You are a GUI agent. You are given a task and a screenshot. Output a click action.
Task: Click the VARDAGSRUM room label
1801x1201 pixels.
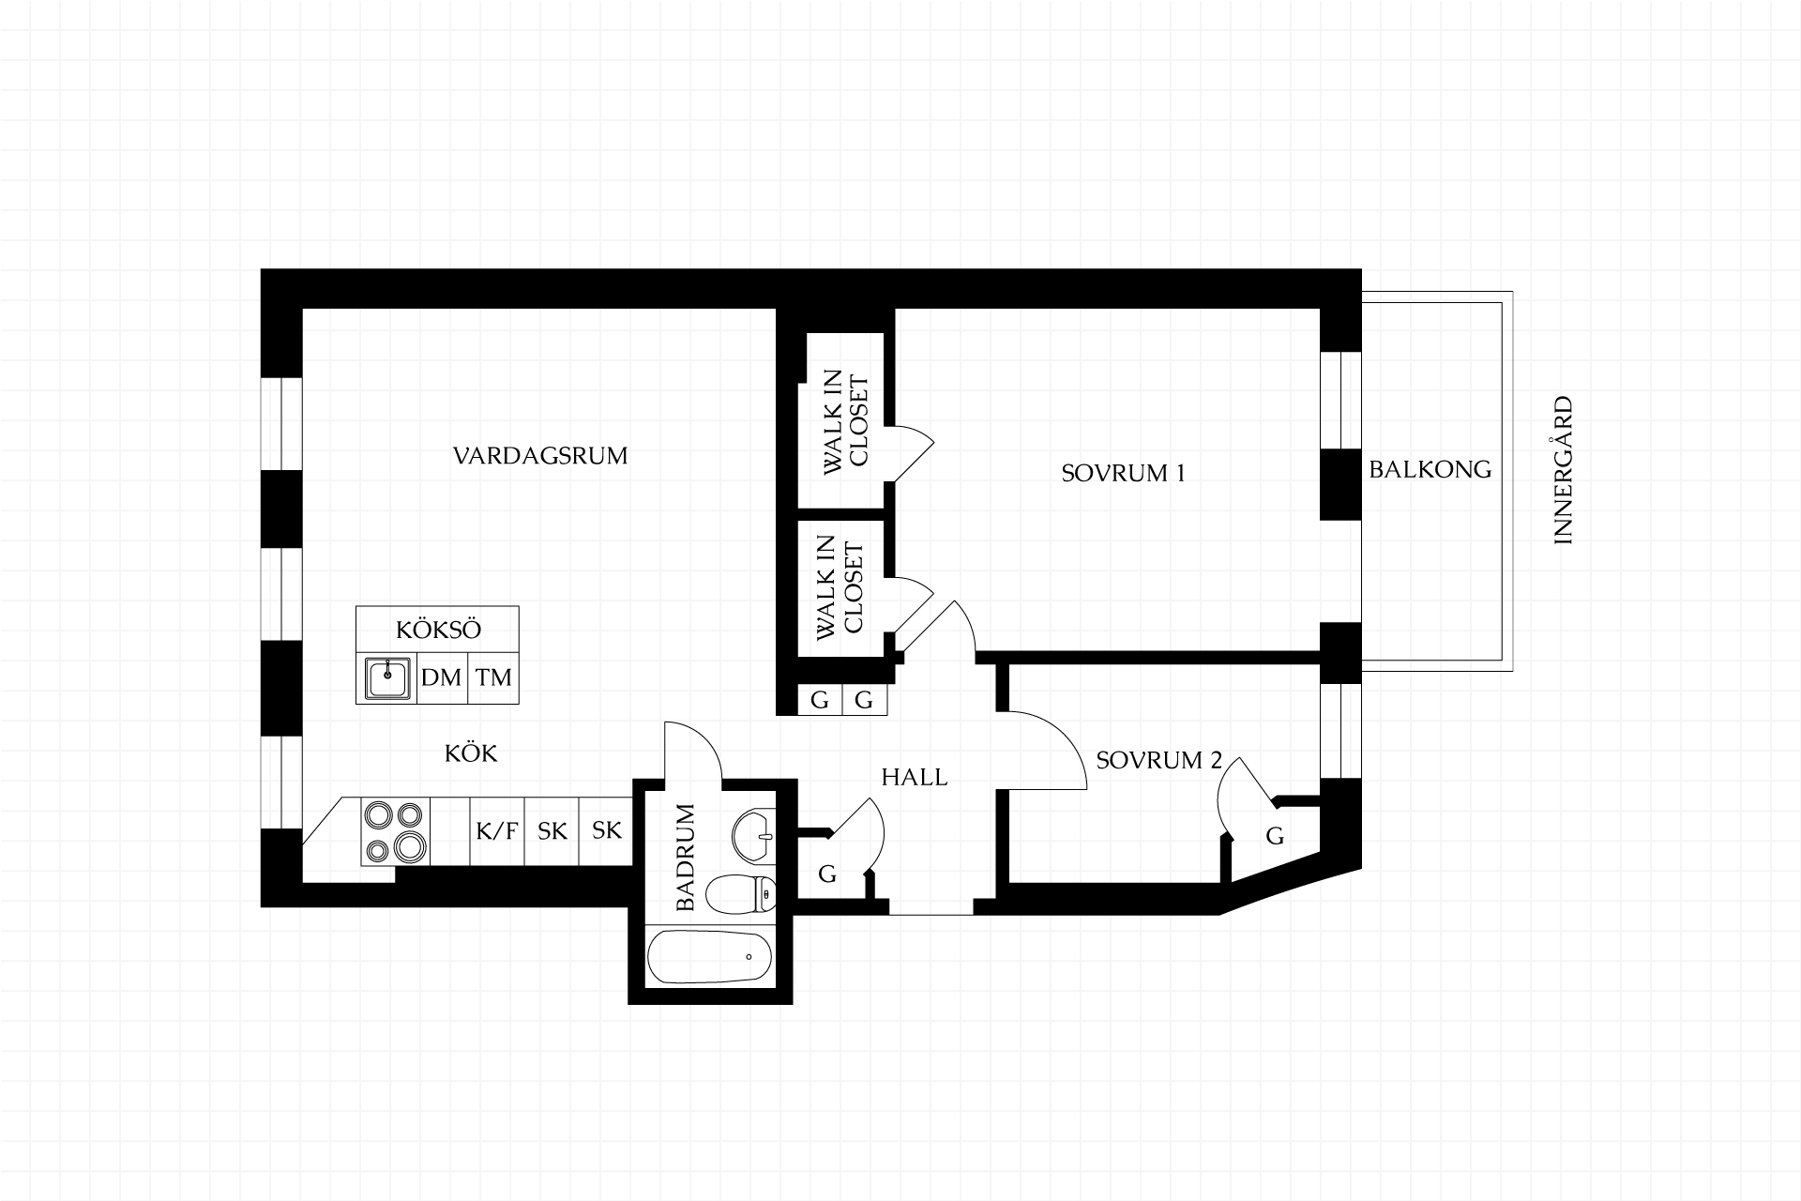click(540, 456)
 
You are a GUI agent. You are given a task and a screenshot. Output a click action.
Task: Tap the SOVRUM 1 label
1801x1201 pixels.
click(1123, 473)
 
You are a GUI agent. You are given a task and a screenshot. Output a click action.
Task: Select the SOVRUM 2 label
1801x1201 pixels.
click(1159, 760)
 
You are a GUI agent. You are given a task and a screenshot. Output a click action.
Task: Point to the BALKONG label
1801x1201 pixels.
click(1430, 469)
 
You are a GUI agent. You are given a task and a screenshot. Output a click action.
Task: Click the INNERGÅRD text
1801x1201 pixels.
click(1563, 471)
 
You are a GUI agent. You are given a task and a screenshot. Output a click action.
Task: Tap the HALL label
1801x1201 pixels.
click(915, 777)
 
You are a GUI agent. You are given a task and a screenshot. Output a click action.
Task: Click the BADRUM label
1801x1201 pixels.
click(686, 857)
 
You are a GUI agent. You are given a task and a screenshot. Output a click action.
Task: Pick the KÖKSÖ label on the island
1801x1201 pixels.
click(438, 630)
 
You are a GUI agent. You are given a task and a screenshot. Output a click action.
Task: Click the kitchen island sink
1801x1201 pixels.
click(387, 677)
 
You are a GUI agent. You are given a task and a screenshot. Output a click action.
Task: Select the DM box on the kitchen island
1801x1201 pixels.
click(441, 677)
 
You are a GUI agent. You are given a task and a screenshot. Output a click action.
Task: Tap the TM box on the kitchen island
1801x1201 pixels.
click(493, 677)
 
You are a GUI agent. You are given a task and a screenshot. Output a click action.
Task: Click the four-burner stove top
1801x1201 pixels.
click(395, 831)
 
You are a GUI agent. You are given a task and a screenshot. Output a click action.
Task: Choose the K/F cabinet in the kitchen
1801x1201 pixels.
click(497, 831)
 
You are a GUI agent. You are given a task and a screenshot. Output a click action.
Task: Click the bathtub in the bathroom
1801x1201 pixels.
click(710, 957)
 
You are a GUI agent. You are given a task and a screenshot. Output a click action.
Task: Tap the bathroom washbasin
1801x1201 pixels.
click(752, 834)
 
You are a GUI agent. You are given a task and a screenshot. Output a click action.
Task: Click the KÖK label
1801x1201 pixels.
click(471, 753)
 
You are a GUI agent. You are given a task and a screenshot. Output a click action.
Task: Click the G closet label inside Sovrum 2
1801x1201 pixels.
click(1275, 835)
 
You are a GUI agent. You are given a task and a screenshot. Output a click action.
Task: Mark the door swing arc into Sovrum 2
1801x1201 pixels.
click(1064, 737)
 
